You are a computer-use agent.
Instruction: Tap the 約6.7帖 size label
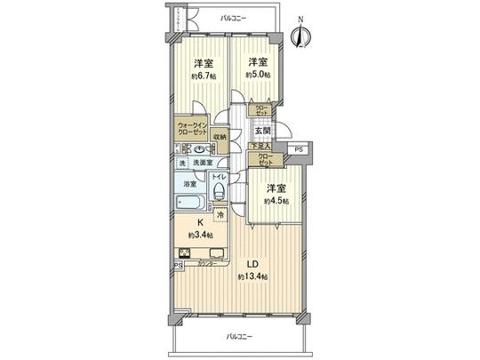[204, 76]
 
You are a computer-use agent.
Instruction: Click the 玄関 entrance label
[262, 131]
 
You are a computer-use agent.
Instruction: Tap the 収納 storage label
[220, 137]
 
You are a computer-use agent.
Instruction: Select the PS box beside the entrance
[299, 149]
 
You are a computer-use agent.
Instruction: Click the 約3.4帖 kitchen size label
[201, 236]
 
